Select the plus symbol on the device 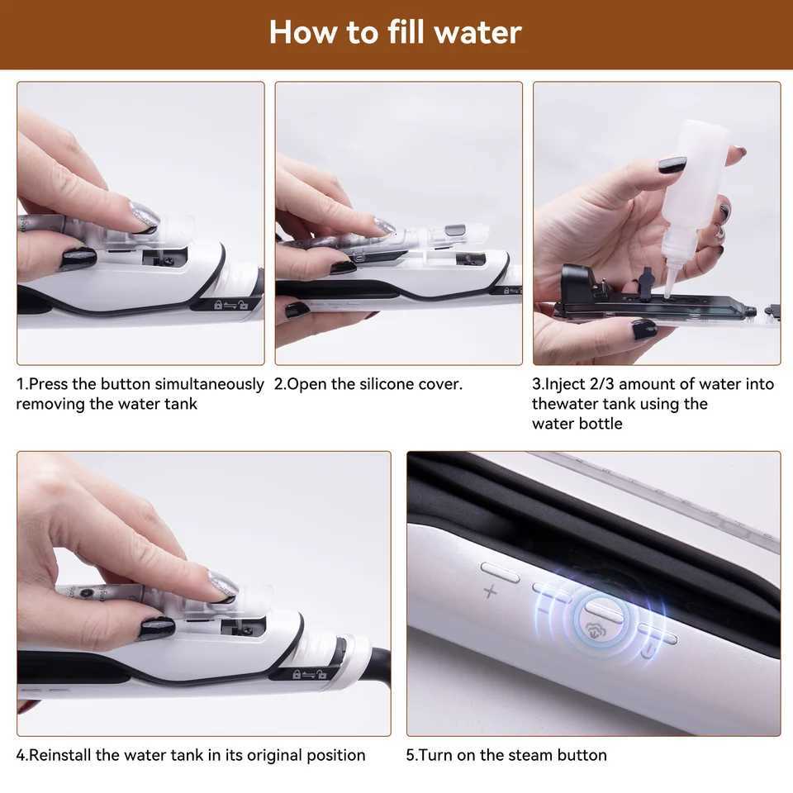coord(490,591)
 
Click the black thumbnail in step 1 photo coord(77,259)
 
